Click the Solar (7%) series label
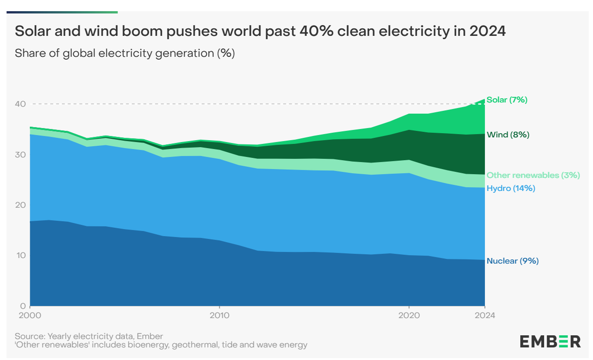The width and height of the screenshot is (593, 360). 507,100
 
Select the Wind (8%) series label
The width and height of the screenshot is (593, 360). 508,135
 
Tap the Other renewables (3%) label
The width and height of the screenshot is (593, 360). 533,176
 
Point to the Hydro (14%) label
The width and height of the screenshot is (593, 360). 511,189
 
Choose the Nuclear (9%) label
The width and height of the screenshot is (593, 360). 512,261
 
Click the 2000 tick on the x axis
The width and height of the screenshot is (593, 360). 30,315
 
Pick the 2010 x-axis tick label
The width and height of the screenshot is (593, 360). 219,315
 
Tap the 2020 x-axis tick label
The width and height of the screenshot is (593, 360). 409,315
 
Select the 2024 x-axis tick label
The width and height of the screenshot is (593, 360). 485,315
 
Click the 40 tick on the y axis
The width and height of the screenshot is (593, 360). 20,104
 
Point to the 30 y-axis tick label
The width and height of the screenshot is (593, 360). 20,154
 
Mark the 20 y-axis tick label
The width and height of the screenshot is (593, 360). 20,205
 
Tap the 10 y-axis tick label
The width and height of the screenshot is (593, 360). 20,255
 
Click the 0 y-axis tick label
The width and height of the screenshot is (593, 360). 23,306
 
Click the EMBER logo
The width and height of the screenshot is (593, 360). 550,341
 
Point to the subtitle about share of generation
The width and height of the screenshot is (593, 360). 125,53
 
